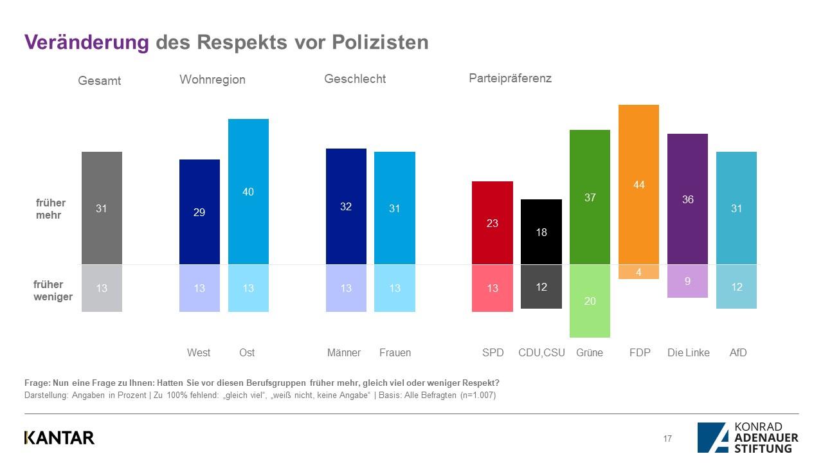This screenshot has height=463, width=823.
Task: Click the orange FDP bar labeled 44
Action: (x=638, y=185)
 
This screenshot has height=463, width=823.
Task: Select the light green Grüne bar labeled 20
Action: (x=590, y=300)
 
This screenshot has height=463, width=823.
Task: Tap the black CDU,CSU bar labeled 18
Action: (x=541, y=232)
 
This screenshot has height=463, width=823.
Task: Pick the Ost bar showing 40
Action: (x=248, y=192)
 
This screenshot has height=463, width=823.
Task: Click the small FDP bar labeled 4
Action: (x=638, y=272)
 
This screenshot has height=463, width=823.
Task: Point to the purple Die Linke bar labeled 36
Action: (x=687, y=199)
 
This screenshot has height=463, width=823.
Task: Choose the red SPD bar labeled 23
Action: (x=493, y=223)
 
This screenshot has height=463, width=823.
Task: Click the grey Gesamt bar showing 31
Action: (x=102, y=208)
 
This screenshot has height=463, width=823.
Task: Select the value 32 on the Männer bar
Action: (x=346, y=206)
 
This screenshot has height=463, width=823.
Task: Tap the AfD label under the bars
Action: (x=738, y=352)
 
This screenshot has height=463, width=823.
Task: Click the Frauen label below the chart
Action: (x=395, y=352)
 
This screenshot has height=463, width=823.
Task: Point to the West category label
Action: (x=199, y=352)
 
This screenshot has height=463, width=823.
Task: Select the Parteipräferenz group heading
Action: (x=510, y=78)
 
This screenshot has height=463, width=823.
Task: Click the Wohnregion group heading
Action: (x=212, y=80)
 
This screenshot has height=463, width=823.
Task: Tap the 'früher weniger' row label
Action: (x=53, y=291)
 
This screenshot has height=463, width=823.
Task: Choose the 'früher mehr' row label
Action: (x=50, y=209)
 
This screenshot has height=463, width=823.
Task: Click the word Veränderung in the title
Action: (x=87, y=42)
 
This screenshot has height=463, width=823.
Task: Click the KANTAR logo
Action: (x=59, y=438)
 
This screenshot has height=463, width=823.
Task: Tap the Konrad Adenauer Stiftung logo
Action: (x=748, y=437)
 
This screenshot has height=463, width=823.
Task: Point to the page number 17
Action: (x=667, y=439)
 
